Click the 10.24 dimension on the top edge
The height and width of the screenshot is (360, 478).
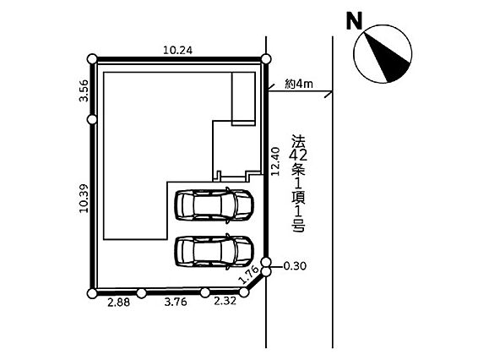[177, 50]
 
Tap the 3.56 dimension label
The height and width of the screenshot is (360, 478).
[84, 90]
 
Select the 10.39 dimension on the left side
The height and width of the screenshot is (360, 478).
[84, 199]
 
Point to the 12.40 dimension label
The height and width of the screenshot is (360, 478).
[275, 161]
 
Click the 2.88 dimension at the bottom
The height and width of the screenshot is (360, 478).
[118, 303]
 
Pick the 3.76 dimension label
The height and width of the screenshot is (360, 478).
[176, 302]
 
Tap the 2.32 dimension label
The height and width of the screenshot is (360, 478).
[225, 301]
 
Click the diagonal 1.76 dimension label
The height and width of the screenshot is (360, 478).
[249, 275]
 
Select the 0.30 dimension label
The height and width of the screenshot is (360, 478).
[295, 266]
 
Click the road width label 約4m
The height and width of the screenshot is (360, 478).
[299, 84]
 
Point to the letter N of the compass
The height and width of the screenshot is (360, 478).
[354, 21]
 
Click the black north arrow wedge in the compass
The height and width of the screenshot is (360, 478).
[387, 58]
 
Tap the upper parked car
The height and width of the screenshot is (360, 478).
[214, 205]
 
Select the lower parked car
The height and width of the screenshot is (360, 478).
[214, 251]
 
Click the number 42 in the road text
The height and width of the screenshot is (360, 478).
[298, 155]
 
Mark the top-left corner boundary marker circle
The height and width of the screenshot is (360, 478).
[92, 59]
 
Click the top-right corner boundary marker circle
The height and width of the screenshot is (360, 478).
[266, 59]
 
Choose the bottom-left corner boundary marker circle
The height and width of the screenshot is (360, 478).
[92, 293]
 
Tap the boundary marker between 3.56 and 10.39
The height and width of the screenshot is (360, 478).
[92, 120]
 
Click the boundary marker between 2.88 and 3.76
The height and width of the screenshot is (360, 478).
[141, 293]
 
